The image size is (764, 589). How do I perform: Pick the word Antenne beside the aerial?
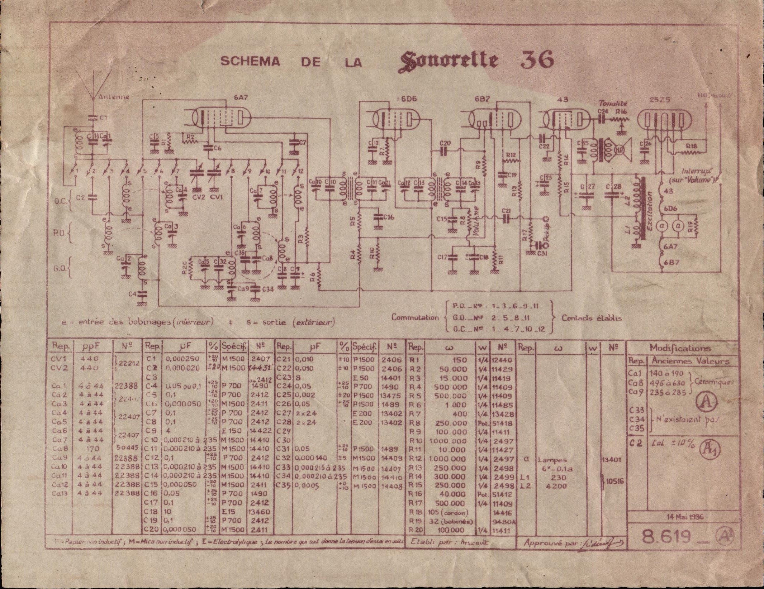114,97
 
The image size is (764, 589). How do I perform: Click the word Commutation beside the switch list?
415,317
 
